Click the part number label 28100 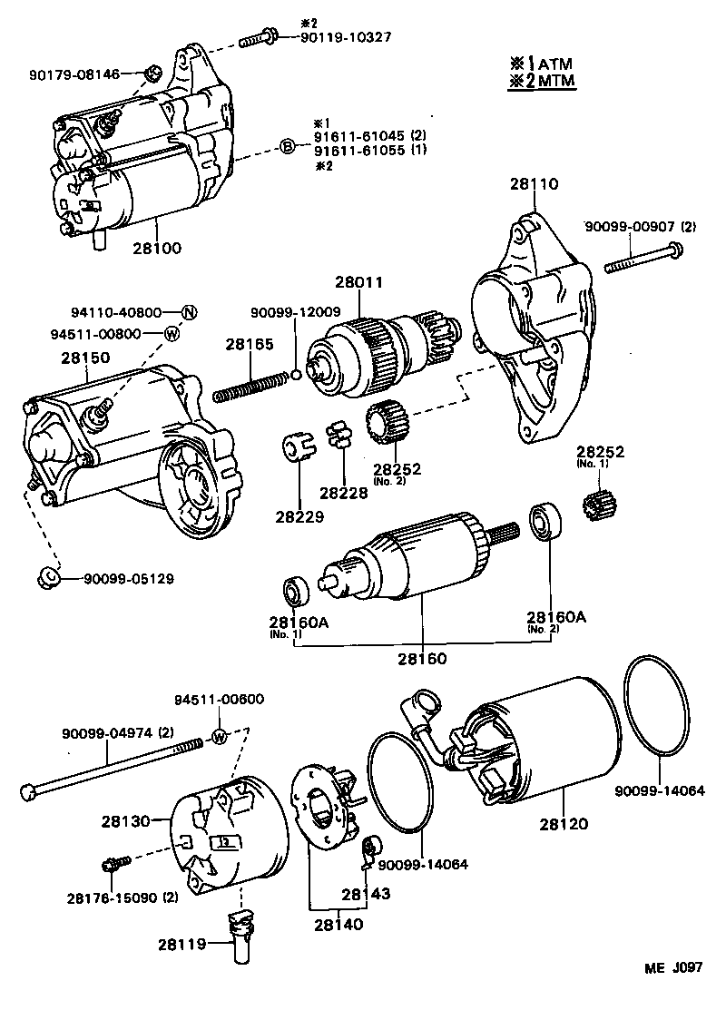(158, 247)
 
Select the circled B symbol (286, 146)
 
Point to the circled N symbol (189, 312)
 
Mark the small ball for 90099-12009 (295, 374)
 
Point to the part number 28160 (423, 657)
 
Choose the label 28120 (563, 824)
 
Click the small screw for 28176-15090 (115, 861)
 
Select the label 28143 (367, 894)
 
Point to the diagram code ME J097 (674, 968)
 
